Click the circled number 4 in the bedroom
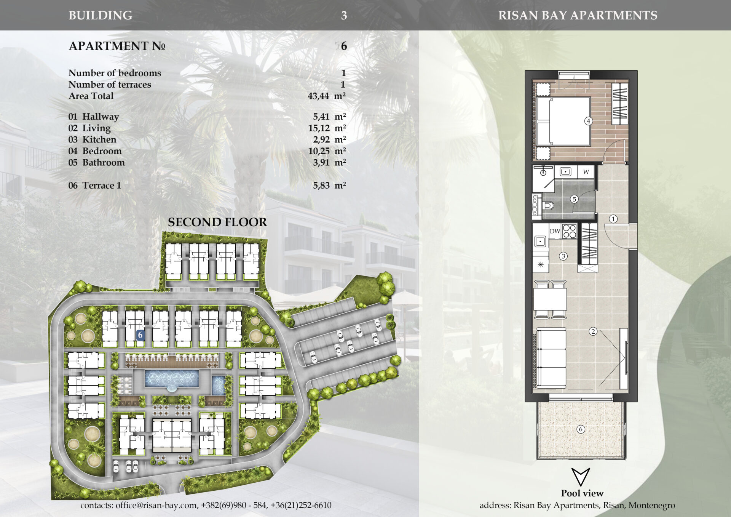click(588, 121)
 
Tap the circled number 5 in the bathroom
click(575, 199)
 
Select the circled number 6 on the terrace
click(581, 429)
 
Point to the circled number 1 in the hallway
click(613, 219)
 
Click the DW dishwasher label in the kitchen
click(555, 231)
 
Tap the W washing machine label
click(586, 172)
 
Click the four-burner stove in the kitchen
click(570, 231)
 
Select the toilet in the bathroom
click(547, 206)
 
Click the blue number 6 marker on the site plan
click(140, 335)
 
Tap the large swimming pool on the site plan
click(172, 378)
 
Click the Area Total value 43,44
click(318, 96)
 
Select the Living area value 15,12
click(319, 128)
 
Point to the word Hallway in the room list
click(101, 117)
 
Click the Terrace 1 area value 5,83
click(321, 186)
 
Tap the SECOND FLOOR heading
click(217, 222)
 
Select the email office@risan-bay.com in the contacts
click(156, 505)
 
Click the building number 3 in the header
click(344, 16)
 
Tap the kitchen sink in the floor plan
click(540, 241)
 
